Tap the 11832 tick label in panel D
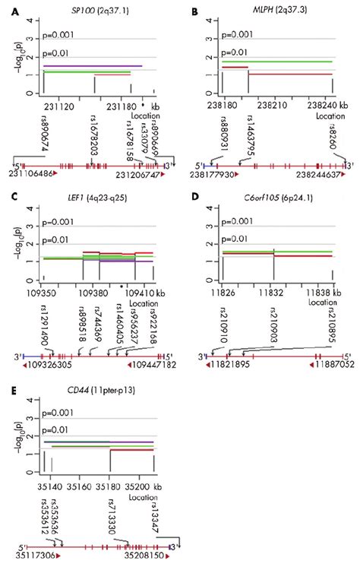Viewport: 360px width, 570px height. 274,292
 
